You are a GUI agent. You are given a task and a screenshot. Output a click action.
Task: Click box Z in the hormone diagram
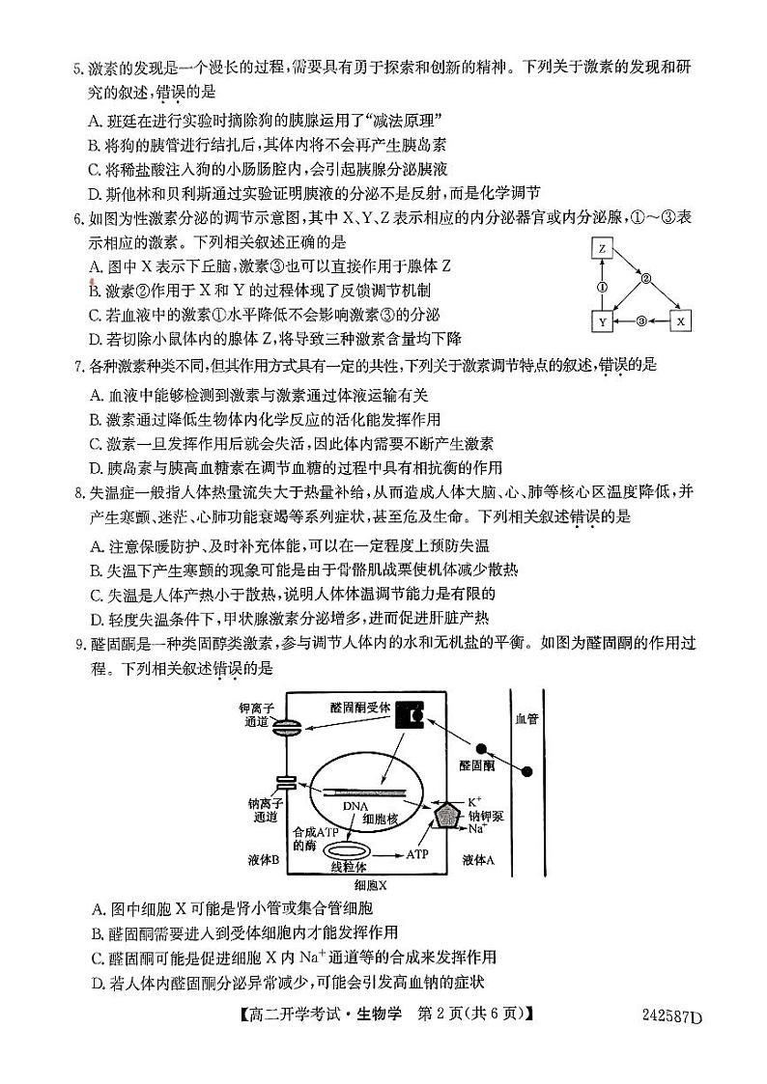[602, 249]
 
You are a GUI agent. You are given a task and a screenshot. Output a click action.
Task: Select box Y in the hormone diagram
[602, 320]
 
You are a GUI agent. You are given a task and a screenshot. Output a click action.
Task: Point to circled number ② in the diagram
[647, 279]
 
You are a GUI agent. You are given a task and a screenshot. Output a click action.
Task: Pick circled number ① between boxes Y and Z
[602, 286]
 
